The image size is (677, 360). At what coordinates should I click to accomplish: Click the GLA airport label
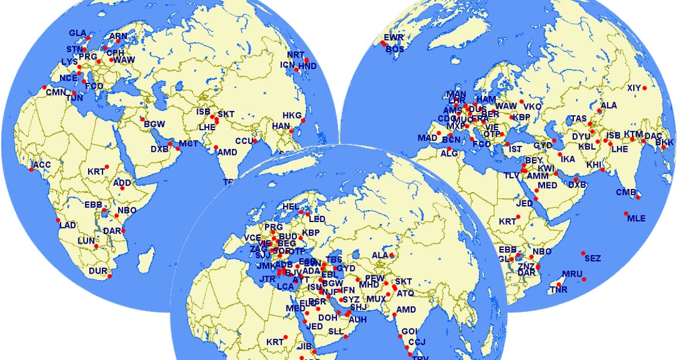tap(77, 32)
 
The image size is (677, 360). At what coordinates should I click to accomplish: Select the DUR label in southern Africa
tap(98, 271)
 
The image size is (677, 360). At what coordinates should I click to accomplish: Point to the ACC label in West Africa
tap(42, 164)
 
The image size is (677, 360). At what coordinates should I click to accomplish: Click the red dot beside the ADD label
tap(122, 188)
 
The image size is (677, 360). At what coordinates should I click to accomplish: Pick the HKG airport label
tap(292, 115)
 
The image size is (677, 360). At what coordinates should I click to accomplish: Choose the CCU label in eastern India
tap(244, 141)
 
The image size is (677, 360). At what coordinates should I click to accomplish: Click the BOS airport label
tap(395, 49)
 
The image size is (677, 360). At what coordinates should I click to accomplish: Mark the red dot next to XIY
tap(645, 88)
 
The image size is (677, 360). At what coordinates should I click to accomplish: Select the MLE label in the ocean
tap(636, 218)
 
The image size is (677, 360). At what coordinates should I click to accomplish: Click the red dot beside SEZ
tap(583, 253)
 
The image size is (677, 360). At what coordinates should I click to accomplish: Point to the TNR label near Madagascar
tap(557, 290)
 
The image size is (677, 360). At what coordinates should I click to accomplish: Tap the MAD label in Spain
tap(428, 138)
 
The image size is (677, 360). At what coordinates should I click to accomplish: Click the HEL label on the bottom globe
tap(291, 206)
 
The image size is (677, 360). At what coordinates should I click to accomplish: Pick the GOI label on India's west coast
tap(409, 331)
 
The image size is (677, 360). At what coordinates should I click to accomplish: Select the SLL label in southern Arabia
tap(336, 331)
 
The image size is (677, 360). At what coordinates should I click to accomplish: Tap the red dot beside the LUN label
tap(96, 246)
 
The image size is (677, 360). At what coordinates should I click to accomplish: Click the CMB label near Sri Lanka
tap(625, 192)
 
